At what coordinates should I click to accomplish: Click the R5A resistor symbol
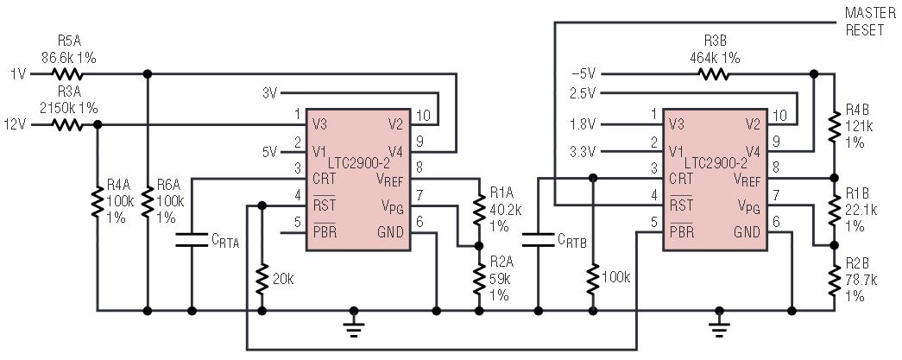68,73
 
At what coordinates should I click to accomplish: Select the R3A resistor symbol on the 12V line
68,124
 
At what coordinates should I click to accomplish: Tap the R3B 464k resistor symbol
713,73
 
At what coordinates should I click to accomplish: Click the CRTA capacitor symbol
192,240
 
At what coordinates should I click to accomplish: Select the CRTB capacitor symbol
538,240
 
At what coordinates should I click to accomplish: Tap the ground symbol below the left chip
354,326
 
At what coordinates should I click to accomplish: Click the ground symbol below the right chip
718,326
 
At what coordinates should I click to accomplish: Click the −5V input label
583,74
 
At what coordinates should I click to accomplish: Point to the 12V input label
15,124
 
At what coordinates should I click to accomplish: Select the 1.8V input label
583,124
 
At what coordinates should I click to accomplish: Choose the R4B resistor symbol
835,127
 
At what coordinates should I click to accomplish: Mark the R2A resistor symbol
478,278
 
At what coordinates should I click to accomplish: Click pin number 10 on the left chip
424,115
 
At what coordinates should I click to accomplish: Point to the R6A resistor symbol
148,201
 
